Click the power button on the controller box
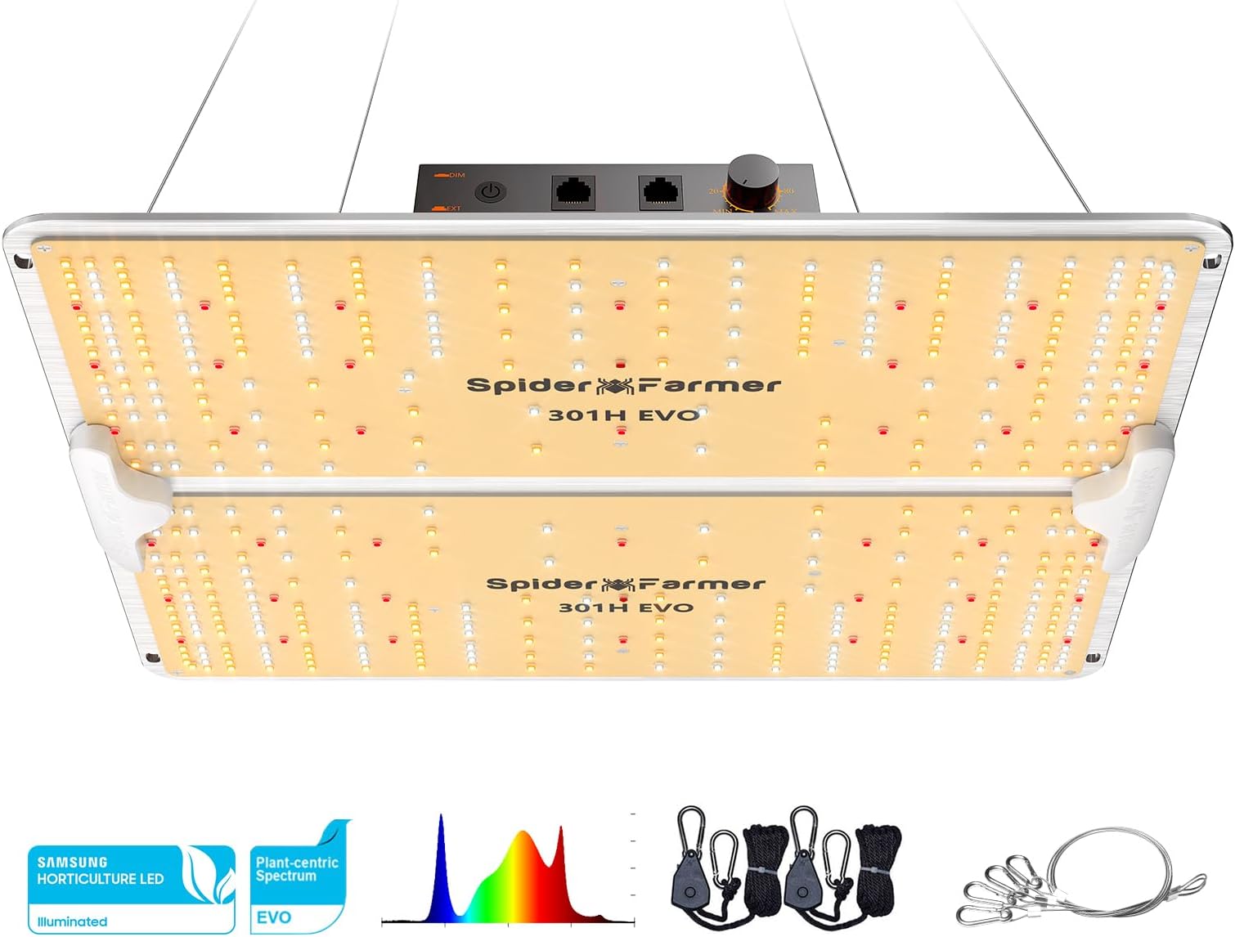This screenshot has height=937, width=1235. click(490, 193)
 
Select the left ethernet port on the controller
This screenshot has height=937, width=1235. click(573, 193)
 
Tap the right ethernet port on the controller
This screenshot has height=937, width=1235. click(659, 193)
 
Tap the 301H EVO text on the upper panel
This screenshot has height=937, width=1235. click(623, 415)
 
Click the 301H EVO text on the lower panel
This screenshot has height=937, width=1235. click(626, 607)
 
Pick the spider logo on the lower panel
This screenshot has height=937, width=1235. click(619, 584)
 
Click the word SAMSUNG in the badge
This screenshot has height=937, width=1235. click(72, 862)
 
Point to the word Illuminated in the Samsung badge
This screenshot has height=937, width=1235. click(72, 921)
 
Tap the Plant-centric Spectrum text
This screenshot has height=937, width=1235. click(296, 869)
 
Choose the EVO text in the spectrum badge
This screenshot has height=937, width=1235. click(273, 917)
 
